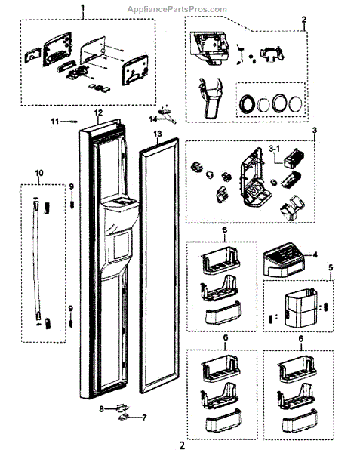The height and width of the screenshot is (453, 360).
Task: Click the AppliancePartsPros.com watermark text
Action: [177, 10]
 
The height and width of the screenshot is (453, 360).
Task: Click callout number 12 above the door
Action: [98, 112]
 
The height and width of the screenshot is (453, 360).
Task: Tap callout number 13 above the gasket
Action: [158, 134]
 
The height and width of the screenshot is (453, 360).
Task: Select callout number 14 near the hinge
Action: [153, 119]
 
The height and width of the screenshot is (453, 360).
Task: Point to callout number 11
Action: [55, 122]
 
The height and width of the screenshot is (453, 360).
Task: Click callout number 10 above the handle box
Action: [39, 173]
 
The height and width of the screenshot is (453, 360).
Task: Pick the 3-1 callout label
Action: [274, 149]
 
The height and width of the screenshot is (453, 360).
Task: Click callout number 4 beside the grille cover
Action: [315, 254]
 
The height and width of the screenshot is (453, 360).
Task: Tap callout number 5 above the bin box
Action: [331, 267]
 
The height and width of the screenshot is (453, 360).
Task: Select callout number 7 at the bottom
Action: [144, 418]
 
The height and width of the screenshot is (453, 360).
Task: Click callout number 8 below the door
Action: [101, 409]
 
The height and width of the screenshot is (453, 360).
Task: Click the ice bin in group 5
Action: [301, 307]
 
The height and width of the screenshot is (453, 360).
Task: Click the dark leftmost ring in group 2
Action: [247, 103]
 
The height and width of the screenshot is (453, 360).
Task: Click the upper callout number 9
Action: [71, 187]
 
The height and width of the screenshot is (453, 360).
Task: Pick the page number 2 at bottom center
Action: [182, 445]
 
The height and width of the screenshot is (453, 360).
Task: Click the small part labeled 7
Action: [124, 417]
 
